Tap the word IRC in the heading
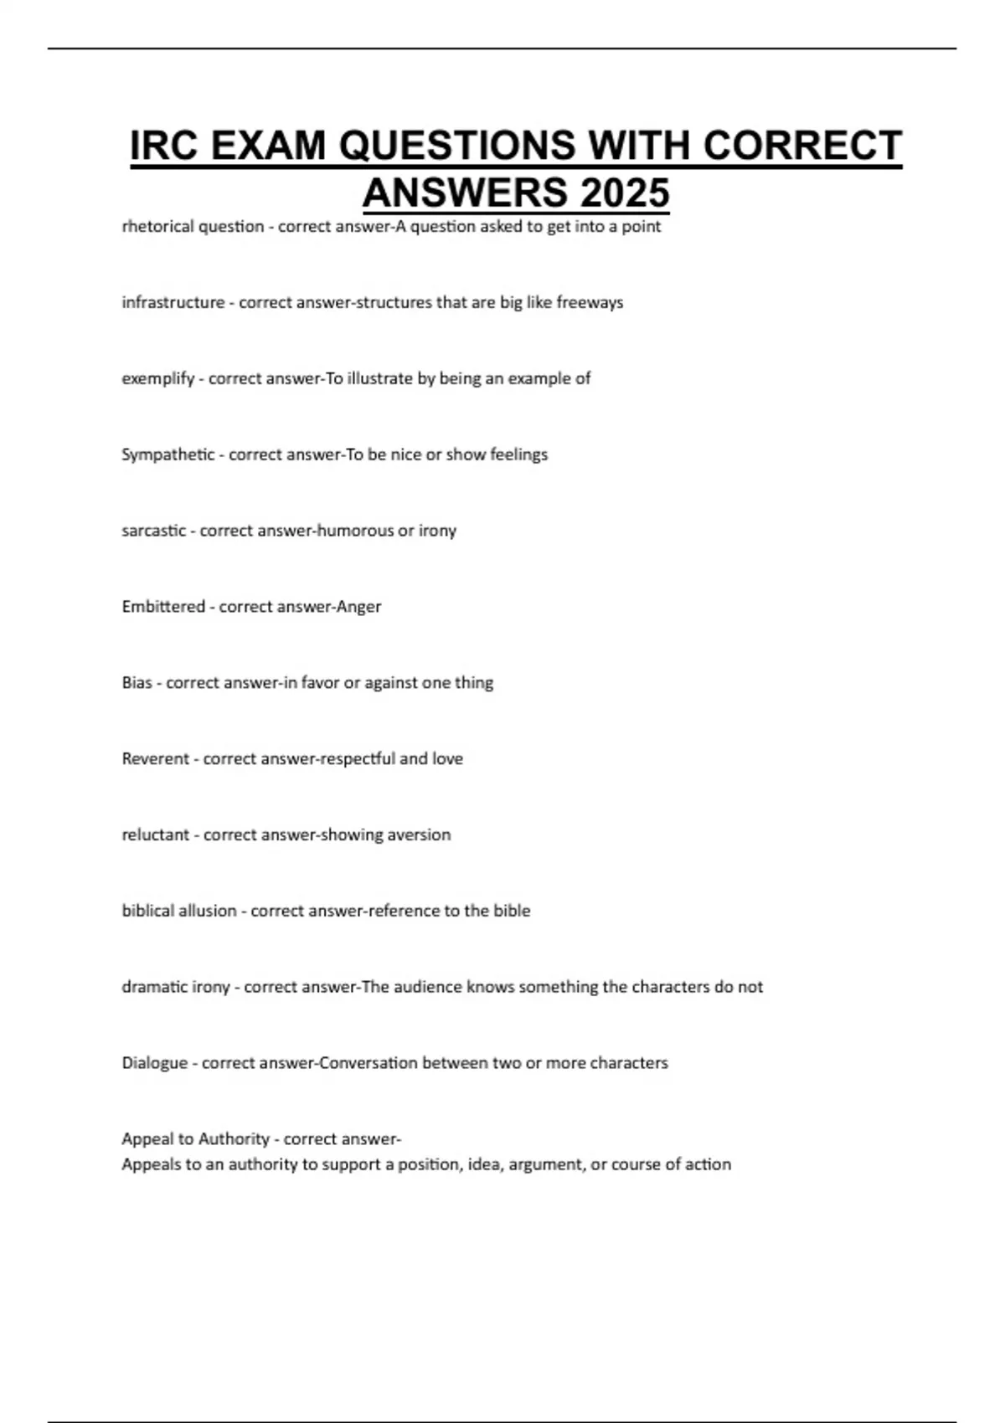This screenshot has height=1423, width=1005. tap(164, 146)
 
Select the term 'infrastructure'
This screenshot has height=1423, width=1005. tap(173, 302)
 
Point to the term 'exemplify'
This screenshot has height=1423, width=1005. tap(157, 378)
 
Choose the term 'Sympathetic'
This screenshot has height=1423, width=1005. tap(167, 455)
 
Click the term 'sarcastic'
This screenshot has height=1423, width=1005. tap(153, 531)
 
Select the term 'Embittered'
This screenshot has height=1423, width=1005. tap(163, 607)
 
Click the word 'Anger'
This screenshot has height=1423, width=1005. tap(358, 607)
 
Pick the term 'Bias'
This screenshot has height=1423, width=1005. tap(137, 683)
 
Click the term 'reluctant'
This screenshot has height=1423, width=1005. tap(156, 835)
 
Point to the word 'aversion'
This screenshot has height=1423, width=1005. tap(419, 835)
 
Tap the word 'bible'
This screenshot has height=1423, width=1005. tap(511, 911)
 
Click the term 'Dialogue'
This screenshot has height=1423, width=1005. tap(155, 1063)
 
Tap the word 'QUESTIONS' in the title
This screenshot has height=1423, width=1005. tap(457, 146)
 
